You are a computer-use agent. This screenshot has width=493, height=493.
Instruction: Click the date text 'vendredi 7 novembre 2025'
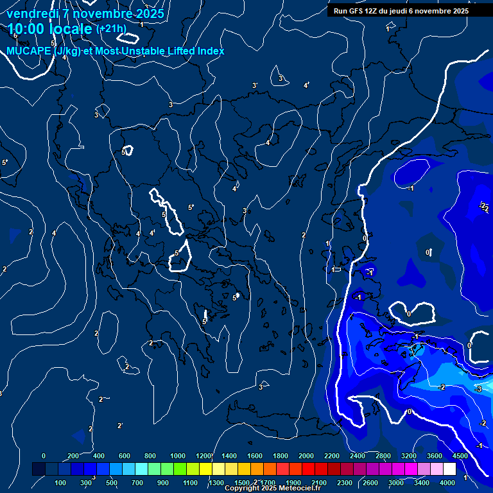[x=85, y=13]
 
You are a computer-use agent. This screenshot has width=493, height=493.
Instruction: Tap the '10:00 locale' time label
[x=49, y=29]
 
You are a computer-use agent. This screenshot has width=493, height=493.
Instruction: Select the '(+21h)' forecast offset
[x=111, y=29]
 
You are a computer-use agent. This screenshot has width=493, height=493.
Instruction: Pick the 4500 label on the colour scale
[x=460, y=456]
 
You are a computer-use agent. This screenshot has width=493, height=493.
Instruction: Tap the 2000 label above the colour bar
[x=306, y=456]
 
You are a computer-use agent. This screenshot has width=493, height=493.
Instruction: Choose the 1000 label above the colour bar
[x=178, y=456]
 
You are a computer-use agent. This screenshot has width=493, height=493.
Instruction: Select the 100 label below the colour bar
[x=61, y=483]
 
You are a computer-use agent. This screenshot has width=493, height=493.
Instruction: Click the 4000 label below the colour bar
[x=447, y=483]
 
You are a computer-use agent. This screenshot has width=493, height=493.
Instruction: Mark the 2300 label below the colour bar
[x=345, y=483]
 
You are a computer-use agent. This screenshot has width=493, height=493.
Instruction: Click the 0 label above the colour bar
[x=44, y=456]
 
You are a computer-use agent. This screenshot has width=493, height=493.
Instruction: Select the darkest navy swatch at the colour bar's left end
[x=39, y=469]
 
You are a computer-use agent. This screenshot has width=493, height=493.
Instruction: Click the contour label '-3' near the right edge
[x=478, y=390]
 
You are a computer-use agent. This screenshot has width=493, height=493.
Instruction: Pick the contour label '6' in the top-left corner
[x=15, y=35]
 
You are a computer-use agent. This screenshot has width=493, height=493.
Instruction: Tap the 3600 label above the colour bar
[x=435, y=456]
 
